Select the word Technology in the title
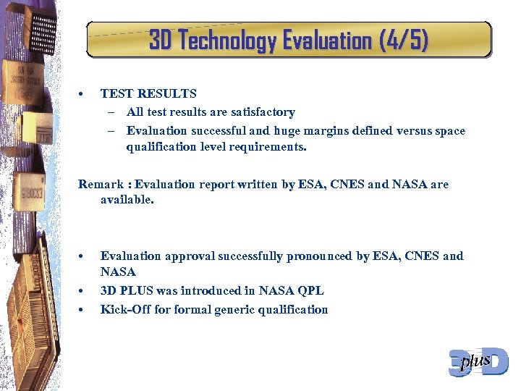(x=227, y=41)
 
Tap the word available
(x=127, y=199)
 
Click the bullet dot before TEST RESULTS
(x=82, y=94)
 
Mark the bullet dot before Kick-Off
(x=82, y=311)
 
